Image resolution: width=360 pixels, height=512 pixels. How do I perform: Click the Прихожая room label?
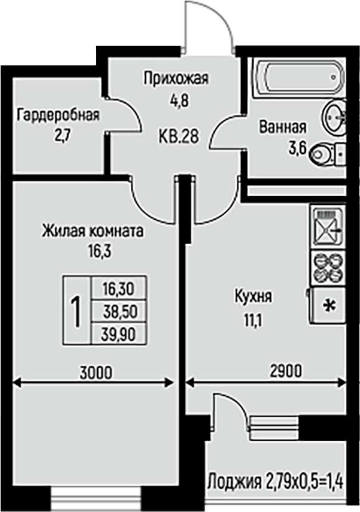pos(176,78)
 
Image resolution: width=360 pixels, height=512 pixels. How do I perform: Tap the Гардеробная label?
pos(59,115)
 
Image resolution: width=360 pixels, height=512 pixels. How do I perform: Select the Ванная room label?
pos(283,127)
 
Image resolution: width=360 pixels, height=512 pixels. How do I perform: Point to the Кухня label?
pos(253,297)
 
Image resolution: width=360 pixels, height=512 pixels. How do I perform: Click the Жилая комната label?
pos(93,231)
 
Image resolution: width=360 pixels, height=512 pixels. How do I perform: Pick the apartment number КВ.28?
pos(179,136)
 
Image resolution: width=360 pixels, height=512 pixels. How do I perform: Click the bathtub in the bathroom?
pos(300,77)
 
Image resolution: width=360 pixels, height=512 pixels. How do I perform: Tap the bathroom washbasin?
pos(334,116)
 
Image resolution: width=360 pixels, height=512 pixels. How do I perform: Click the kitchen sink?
pos(328,227)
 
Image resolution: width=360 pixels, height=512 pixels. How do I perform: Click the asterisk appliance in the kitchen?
pos(328,306)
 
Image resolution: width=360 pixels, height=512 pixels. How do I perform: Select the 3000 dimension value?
pos(96,372)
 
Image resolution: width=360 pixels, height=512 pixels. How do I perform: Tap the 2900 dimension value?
pos(286,371)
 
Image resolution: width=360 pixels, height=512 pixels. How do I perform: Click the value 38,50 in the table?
pos(119,312)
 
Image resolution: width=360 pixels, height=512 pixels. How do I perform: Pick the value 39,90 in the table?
pos(118,334)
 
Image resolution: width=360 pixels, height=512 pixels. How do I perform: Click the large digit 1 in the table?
pos(77,311)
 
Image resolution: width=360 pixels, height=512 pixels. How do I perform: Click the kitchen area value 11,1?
pos(253,321)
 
